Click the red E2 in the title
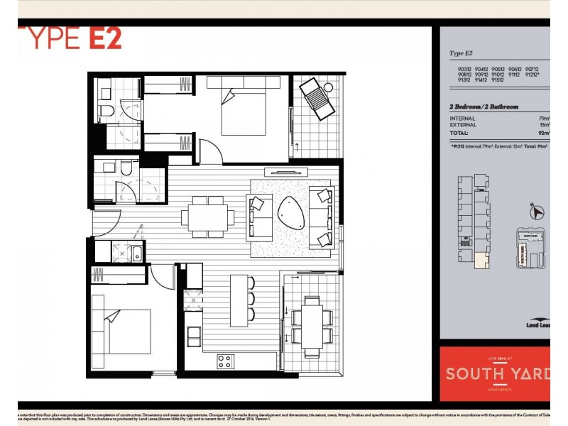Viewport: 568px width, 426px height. pyautogui.click(x=104, y=38)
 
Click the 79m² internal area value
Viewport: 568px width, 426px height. pyautogui.click(x=544, y=119)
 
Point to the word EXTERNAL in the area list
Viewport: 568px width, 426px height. pyautogui.click(x=463, y=125)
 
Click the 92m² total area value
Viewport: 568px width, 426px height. pyautogui.click(x=544, y=132)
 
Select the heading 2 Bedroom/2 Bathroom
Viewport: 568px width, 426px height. pyautogui.click(x=484, y=106)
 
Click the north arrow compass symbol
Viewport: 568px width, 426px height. pyautogui.click(x=537, y=210)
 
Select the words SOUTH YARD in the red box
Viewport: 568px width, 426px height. pyautogui.click(x=496, y=374)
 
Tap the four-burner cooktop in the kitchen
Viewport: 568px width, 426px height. pyautogui.click(x=225, y=361)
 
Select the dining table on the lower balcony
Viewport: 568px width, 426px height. pyautogui.click(x=312, y=327)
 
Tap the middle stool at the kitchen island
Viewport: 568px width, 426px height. pyautogui.click(x=250, y=298)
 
